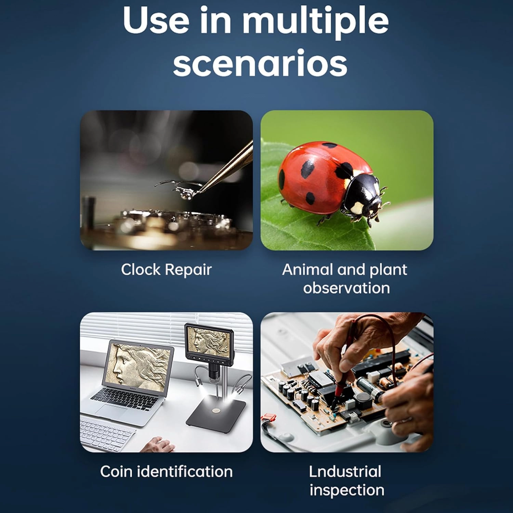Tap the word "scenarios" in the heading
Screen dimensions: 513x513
(x=260, y=64)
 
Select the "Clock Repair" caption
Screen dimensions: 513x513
(x=166, y=269)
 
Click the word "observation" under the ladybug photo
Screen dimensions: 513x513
(x=346, y=288)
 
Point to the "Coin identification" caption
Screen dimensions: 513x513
(x=166, y=472)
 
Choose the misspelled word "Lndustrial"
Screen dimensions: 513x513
(x=345, y=472)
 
